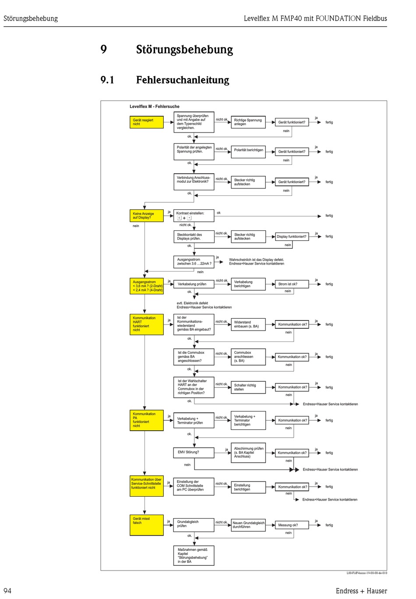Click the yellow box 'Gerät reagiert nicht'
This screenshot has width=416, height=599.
tap(147, 122)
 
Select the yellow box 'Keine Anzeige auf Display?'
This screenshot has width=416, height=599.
tap(147, 216)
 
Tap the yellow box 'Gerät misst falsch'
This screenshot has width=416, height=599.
tap(147, 525)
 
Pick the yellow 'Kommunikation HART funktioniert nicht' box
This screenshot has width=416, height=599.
tap(147, 324)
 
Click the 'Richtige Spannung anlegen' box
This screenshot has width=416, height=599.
tap(248, 122)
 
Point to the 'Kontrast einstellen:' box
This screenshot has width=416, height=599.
tap(194, 215)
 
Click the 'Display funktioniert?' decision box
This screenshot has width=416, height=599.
tap(292, 237)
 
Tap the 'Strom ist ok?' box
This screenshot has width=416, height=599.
tap(292, 284)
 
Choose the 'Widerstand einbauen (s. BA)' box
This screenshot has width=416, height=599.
tap(248, 324)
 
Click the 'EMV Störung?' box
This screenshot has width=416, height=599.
tap(194, 453)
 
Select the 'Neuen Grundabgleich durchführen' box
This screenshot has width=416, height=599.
tap(248, 525)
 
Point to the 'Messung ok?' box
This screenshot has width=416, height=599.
tap(292, 525)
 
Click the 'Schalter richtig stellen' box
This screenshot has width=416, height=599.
tap(248, 387)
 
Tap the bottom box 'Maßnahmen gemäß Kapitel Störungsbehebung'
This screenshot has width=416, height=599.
tap(194, 555)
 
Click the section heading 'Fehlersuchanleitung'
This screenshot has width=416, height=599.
tap(183, 80)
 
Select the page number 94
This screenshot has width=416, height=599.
tap(7, 591)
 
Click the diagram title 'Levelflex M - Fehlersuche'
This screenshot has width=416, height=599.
tap(155, 106)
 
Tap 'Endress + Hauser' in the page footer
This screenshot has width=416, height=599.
tap(361, 591)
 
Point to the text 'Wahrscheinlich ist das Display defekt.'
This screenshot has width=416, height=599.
tap(257, 260)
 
